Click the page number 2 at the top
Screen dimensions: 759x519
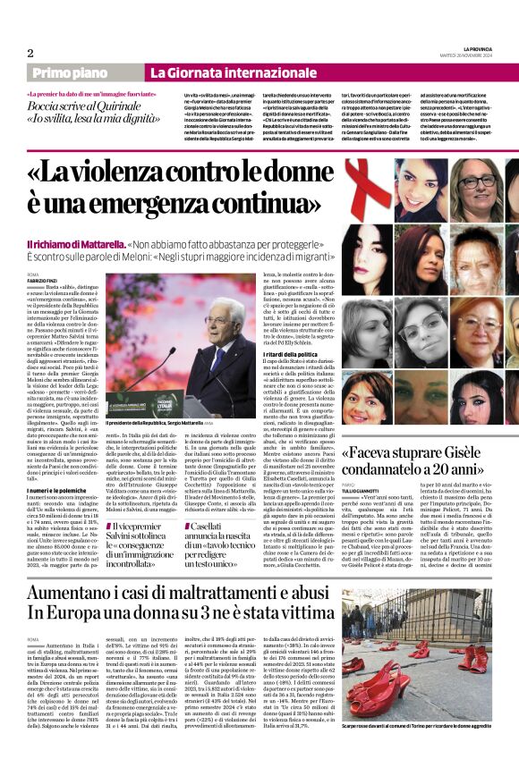[x=30, y=52]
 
